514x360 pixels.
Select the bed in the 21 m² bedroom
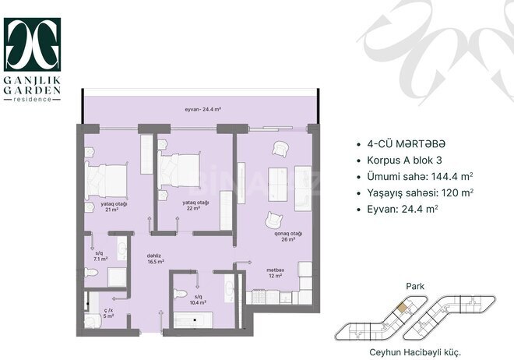107,180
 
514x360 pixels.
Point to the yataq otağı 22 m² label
194,206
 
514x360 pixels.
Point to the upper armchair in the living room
280,150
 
